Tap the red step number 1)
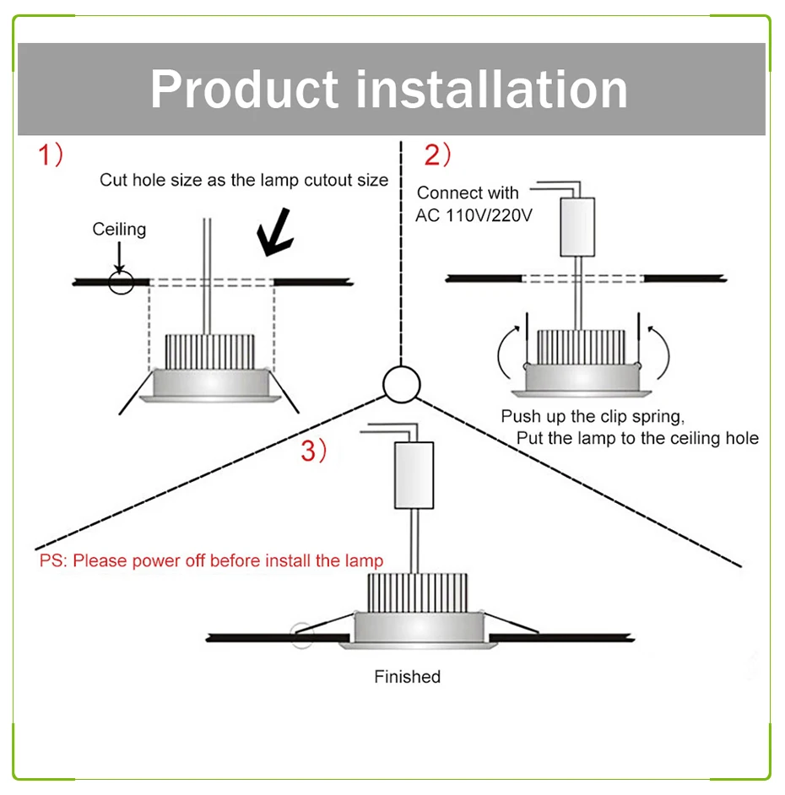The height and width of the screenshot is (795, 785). point(49,155)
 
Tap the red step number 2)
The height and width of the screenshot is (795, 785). point(437,155)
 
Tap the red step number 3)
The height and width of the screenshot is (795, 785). point(313,452)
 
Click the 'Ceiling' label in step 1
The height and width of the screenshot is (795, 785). point(119,229)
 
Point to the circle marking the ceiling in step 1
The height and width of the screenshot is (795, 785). point(121,282)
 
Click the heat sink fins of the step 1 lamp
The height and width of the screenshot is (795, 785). point(209,348)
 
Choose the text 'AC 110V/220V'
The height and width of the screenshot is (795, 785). point(474,216)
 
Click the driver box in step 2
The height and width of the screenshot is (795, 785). point(577,226)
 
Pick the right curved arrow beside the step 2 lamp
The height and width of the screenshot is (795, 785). point(659,353)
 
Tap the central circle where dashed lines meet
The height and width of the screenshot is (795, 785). point(401,385)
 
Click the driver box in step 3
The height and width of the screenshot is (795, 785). point(414,475)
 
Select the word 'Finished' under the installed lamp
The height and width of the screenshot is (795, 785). point(407,677)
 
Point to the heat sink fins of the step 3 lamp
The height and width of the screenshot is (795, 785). point(415,594)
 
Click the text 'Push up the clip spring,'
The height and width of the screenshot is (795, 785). point(592,417)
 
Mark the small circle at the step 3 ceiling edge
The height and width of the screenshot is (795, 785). point(300,634)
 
